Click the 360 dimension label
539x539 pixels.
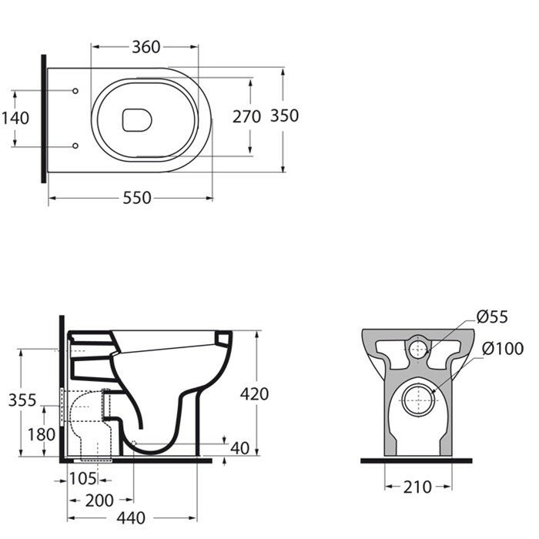coord(145,47)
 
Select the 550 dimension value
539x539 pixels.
coord(137,198)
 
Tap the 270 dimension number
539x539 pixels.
coord(247,116)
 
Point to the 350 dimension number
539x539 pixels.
coord(284,116)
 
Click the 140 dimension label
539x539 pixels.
coord(15,118)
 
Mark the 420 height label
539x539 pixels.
coord(254,393)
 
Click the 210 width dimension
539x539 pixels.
coord(417,487)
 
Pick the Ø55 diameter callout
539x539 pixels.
coord(491,316)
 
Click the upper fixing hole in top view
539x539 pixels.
coord(75,92)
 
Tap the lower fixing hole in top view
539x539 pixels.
coord(75,145)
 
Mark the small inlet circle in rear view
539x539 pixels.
coord(417,348)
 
